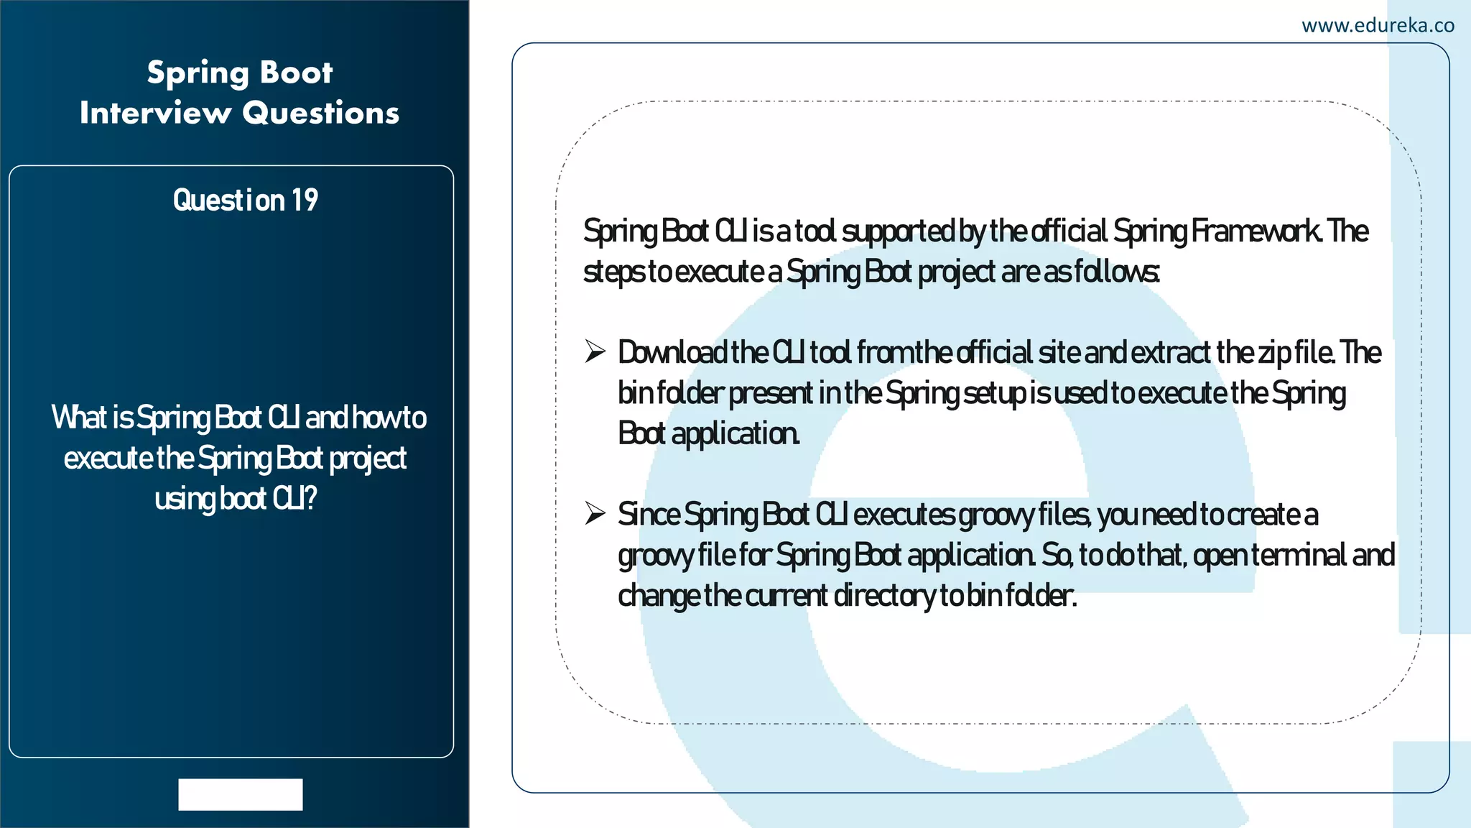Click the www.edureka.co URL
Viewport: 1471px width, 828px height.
[x=1378, y=26]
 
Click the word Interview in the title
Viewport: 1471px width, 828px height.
[x=156, y=113]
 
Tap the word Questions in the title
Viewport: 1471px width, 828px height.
[x=320, y=113]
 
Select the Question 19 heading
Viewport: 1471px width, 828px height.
[x=245, y=200]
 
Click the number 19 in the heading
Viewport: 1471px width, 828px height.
[x=305, y=200]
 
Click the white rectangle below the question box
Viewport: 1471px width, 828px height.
[x=241, y=794]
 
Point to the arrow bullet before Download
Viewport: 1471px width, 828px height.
[x=595, y=351]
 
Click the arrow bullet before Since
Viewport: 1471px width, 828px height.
[x=595, y=513]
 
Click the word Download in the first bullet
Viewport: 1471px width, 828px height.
[x=672, y=352]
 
